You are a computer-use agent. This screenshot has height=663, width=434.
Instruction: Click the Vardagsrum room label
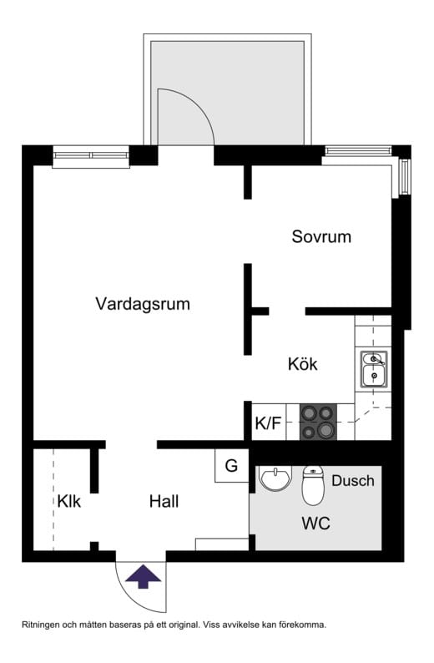click(x=142, y=304)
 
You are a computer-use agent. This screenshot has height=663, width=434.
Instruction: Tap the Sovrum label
click(x=321, y=236)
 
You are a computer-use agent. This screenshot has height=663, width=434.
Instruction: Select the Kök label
click(x=302, y=364)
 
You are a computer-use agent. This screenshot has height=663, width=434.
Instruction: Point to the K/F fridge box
click(x=268, y=423)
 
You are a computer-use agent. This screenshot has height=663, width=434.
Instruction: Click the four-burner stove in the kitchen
click(x=317, y=422)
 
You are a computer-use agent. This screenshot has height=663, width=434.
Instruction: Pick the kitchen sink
click(x=374, y=369)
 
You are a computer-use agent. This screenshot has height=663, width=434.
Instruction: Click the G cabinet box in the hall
click(x=231, y=466)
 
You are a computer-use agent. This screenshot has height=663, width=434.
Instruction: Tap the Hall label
click(x=164, y=502)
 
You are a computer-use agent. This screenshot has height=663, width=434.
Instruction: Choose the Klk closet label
click(x=69, y=502)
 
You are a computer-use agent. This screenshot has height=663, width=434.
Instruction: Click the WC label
click(x=315, y=524)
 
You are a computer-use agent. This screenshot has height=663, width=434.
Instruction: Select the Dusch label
click(x=353, y=481)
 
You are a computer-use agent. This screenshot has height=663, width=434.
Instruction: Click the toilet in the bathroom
click(x=313, y=486)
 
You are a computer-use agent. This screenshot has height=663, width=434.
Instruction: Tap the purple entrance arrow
click(x=144, y=575)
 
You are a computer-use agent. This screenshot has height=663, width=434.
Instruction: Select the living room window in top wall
click(x=91, y=154)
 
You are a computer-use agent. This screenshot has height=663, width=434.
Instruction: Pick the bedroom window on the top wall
click(x=357, y=151)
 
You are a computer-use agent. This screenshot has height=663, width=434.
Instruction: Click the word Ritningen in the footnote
click(x=43, y=625)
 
